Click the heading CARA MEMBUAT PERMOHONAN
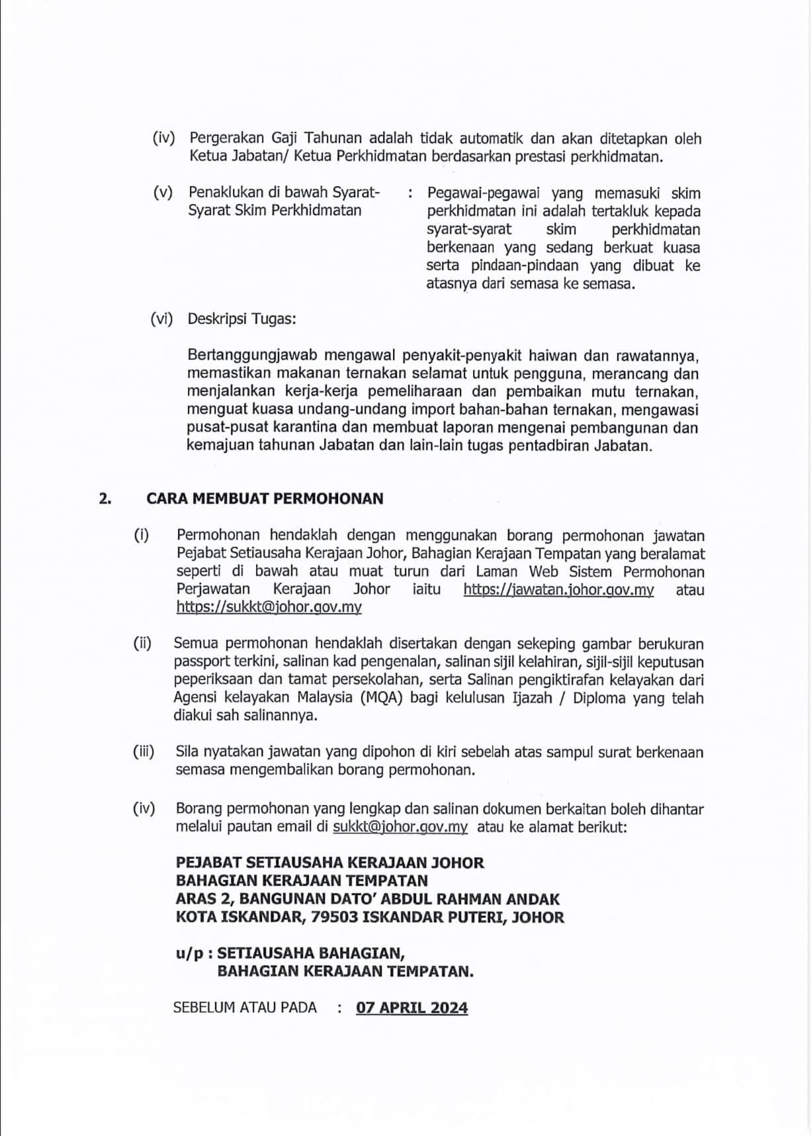point(265,498)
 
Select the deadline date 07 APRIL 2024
point(411,1008)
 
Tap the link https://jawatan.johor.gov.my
point(558,589)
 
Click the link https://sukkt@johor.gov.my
point(269,607)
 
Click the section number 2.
point(105,498)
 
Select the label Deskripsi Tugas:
point(241,318)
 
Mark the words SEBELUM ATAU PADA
point(245,1008)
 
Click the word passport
point(202,661)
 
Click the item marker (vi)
point(161,318)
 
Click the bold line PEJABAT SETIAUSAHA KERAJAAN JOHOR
point(329,863)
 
